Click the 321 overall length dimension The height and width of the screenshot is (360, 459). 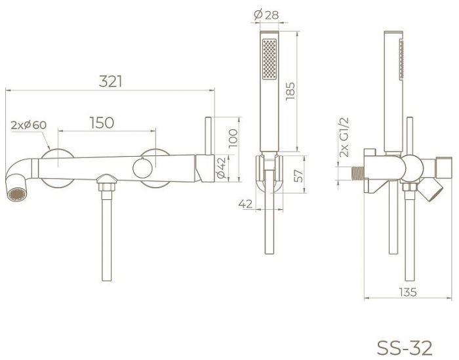(x=110, y=81)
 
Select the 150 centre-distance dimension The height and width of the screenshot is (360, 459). (x=102, y=123)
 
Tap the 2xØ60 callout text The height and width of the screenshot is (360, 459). (x=29, y=125)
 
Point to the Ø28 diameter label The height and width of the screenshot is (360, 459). (x=266, y=14)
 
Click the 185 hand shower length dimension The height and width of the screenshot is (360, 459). (x=290, y=91)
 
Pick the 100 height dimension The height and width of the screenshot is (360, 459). (x=233, y=138)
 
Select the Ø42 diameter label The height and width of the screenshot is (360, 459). (x=221, y=168)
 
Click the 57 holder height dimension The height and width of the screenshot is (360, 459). (x=299, y=176)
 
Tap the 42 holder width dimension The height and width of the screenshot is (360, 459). (x=245, y=204)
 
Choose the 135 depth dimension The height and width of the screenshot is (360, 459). (x=407, y=292)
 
